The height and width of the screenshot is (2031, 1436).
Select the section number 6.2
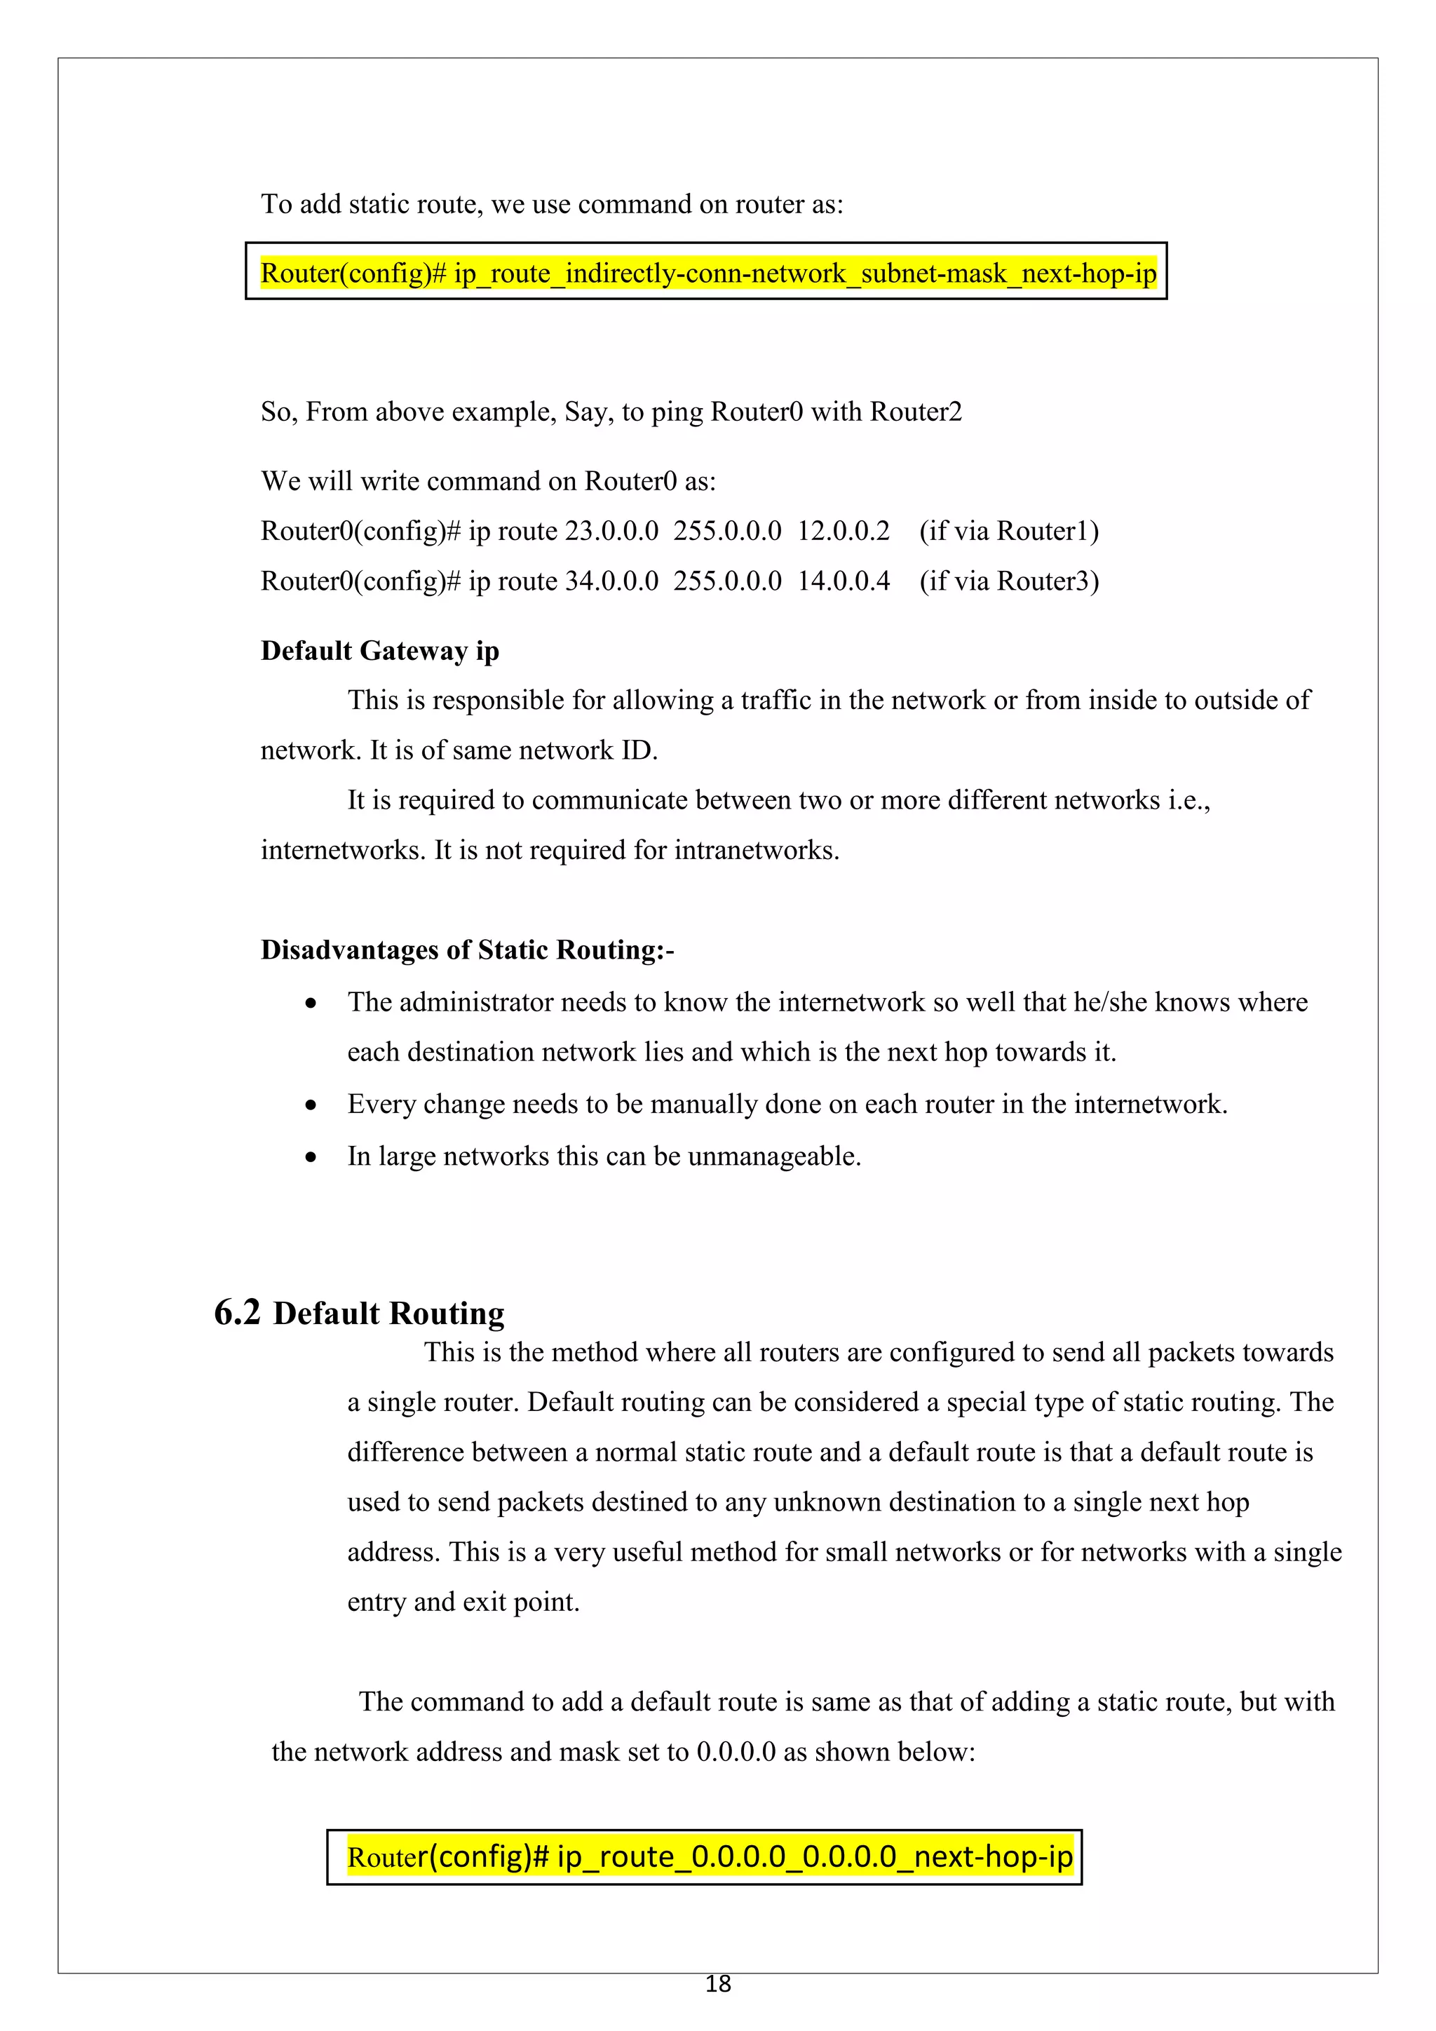[x=237, y=1313]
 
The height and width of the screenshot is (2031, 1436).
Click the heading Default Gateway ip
[x=379, y=651]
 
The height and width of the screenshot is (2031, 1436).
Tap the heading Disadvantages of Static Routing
[x=466, y=950]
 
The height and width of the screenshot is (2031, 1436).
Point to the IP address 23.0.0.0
[x=611, y=532]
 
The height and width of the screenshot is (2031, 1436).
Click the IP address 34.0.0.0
[x=611, y=581]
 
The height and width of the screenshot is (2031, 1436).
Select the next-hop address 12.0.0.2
[x=843, y=532]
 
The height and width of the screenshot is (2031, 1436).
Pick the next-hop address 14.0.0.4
[x=843, y=581]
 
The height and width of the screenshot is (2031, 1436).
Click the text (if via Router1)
[x=1009, y=532]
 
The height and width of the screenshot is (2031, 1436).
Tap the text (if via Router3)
[x=1009, y=581]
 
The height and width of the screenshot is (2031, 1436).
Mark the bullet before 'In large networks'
[x=311, y=1158]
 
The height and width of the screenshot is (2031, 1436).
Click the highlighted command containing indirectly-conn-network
[x=707, y=274]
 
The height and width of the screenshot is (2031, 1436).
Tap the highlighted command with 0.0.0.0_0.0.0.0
[x=709, y=1857]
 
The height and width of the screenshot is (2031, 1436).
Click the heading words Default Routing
[x=388, y=1314]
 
